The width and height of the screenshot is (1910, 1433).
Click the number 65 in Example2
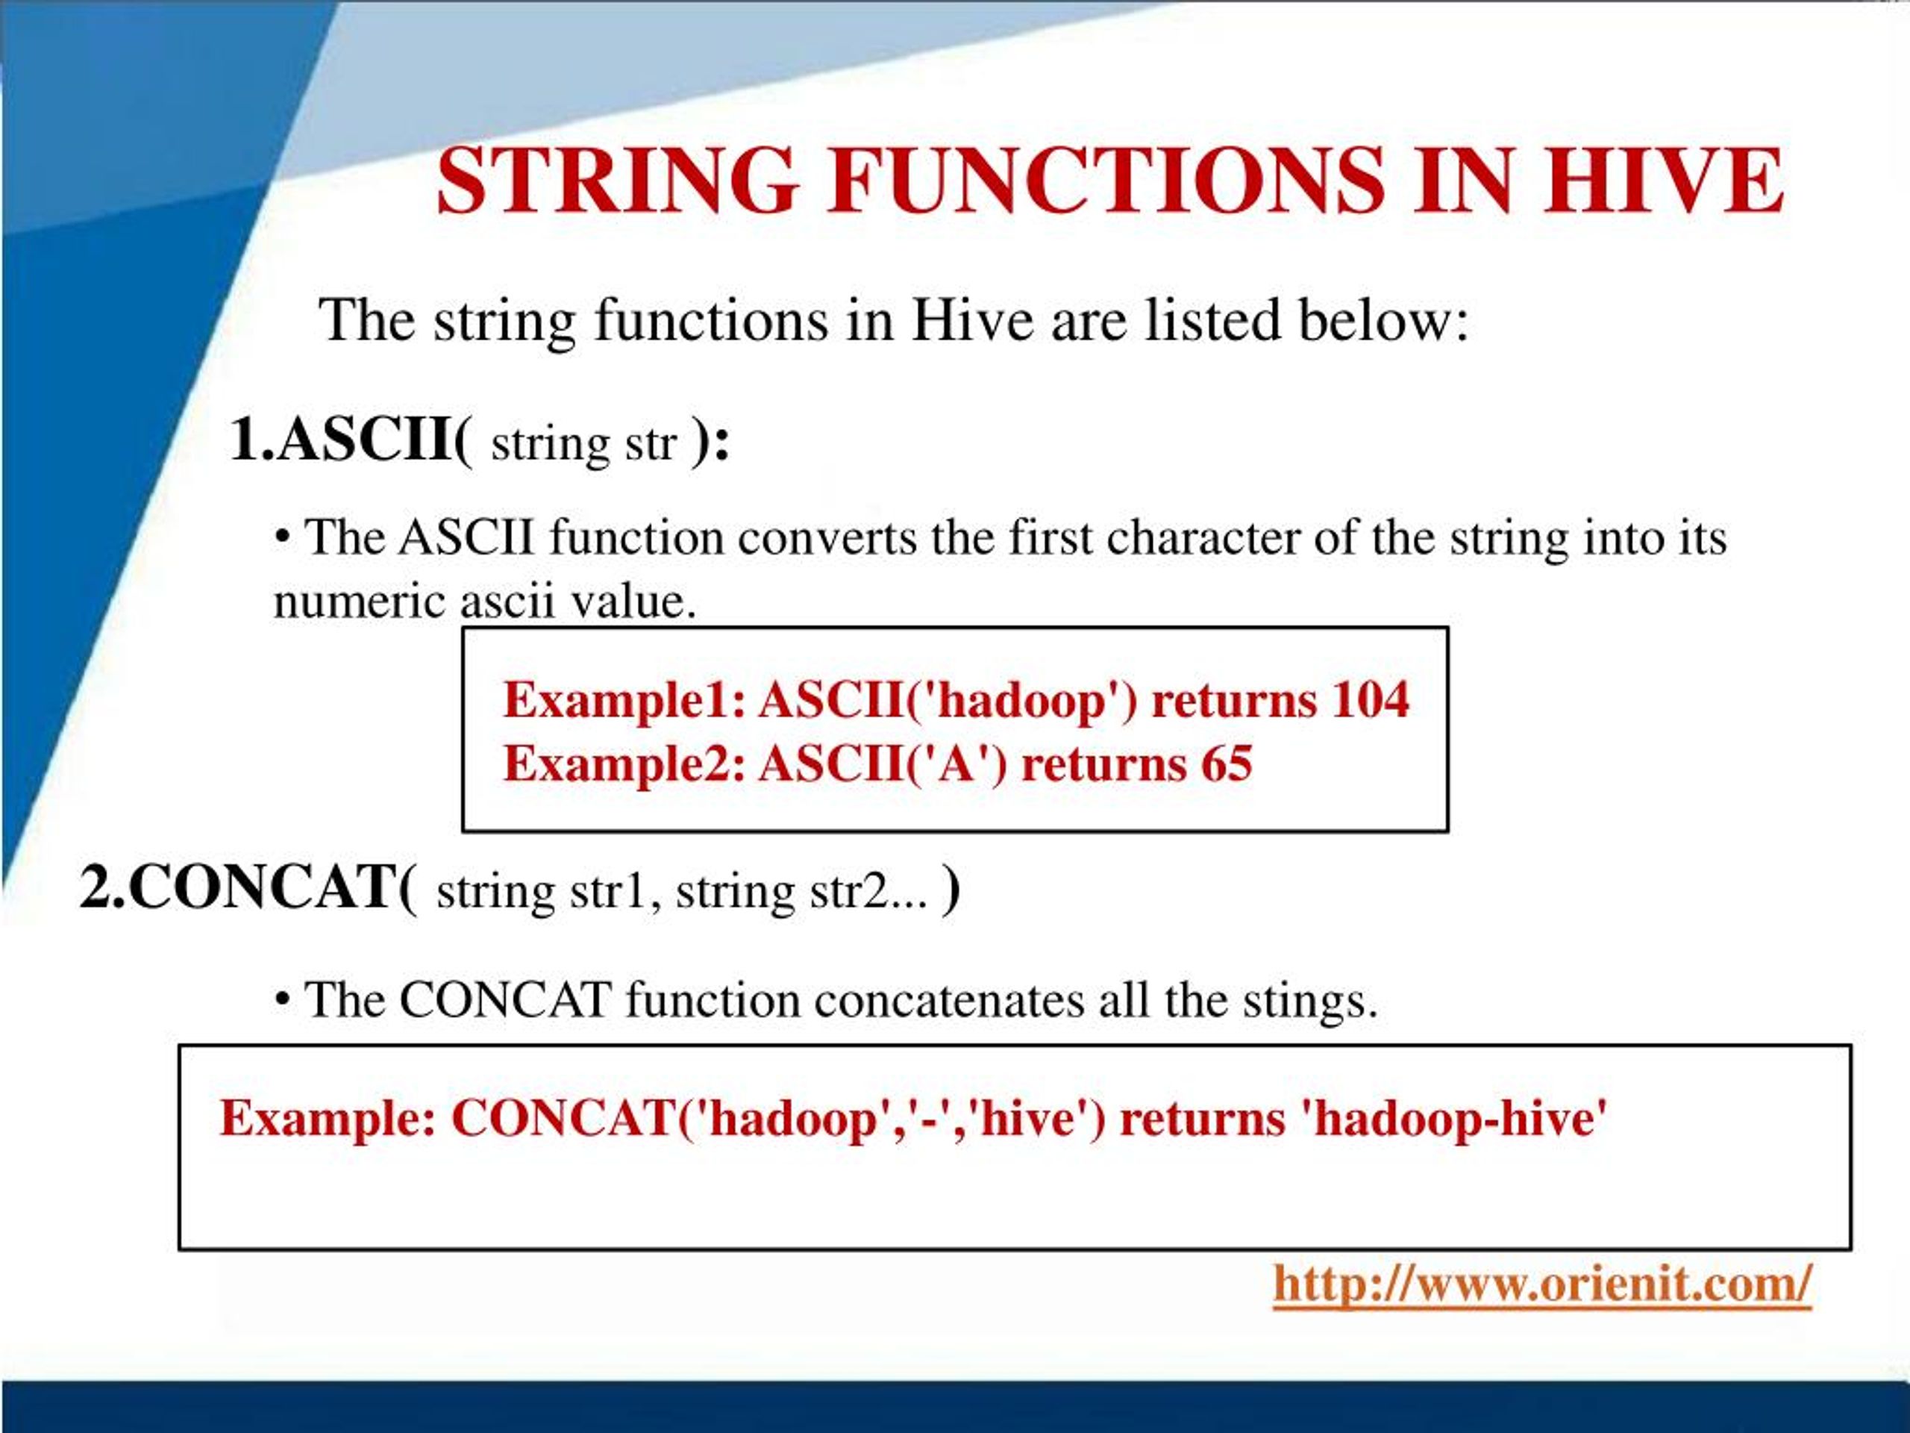click(1225, 764)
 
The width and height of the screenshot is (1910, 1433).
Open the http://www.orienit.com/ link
click(1541, 1284)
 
